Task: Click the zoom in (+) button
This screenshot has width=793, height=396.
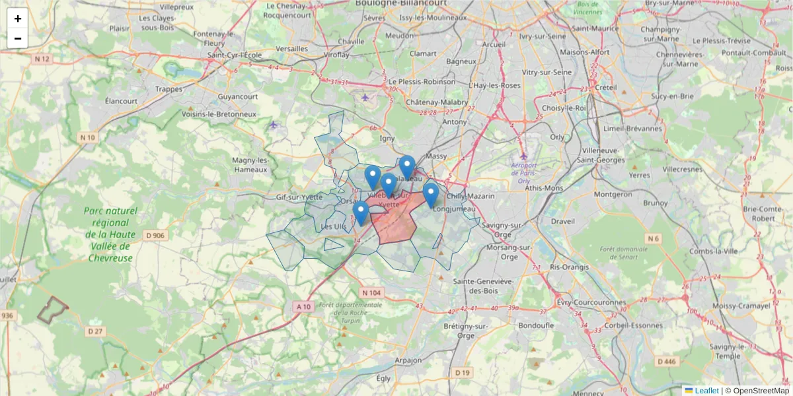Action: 18,18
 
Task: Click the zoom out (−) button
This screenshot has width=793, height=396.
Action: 18,38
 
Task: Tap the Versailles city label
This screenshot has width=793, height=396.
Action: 292,48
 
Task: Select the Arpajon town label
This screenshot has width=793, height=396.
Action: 408,360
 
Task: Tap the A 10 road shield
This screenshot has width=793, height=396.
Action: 303,306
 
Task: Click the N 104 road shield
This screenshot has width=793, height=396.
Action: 371,292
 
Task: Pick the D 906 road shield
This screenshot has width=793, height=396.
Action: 154,236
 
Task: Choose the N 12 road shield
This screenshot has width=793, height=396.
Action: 42,59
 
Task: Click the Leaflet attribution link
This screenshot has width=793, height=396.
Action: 706,391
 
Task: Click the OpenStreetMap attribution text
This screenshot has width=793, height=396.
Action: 761,391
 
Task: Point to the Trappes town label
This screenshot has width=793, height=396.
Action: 169,88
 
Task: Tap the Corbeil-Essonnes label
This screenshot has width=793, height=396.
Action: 624,325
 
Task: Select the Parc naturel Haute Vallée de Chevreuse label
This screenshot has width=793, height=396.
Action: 110,234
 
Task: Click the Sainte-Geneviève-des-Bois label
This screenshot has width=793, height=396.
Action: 483,286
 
